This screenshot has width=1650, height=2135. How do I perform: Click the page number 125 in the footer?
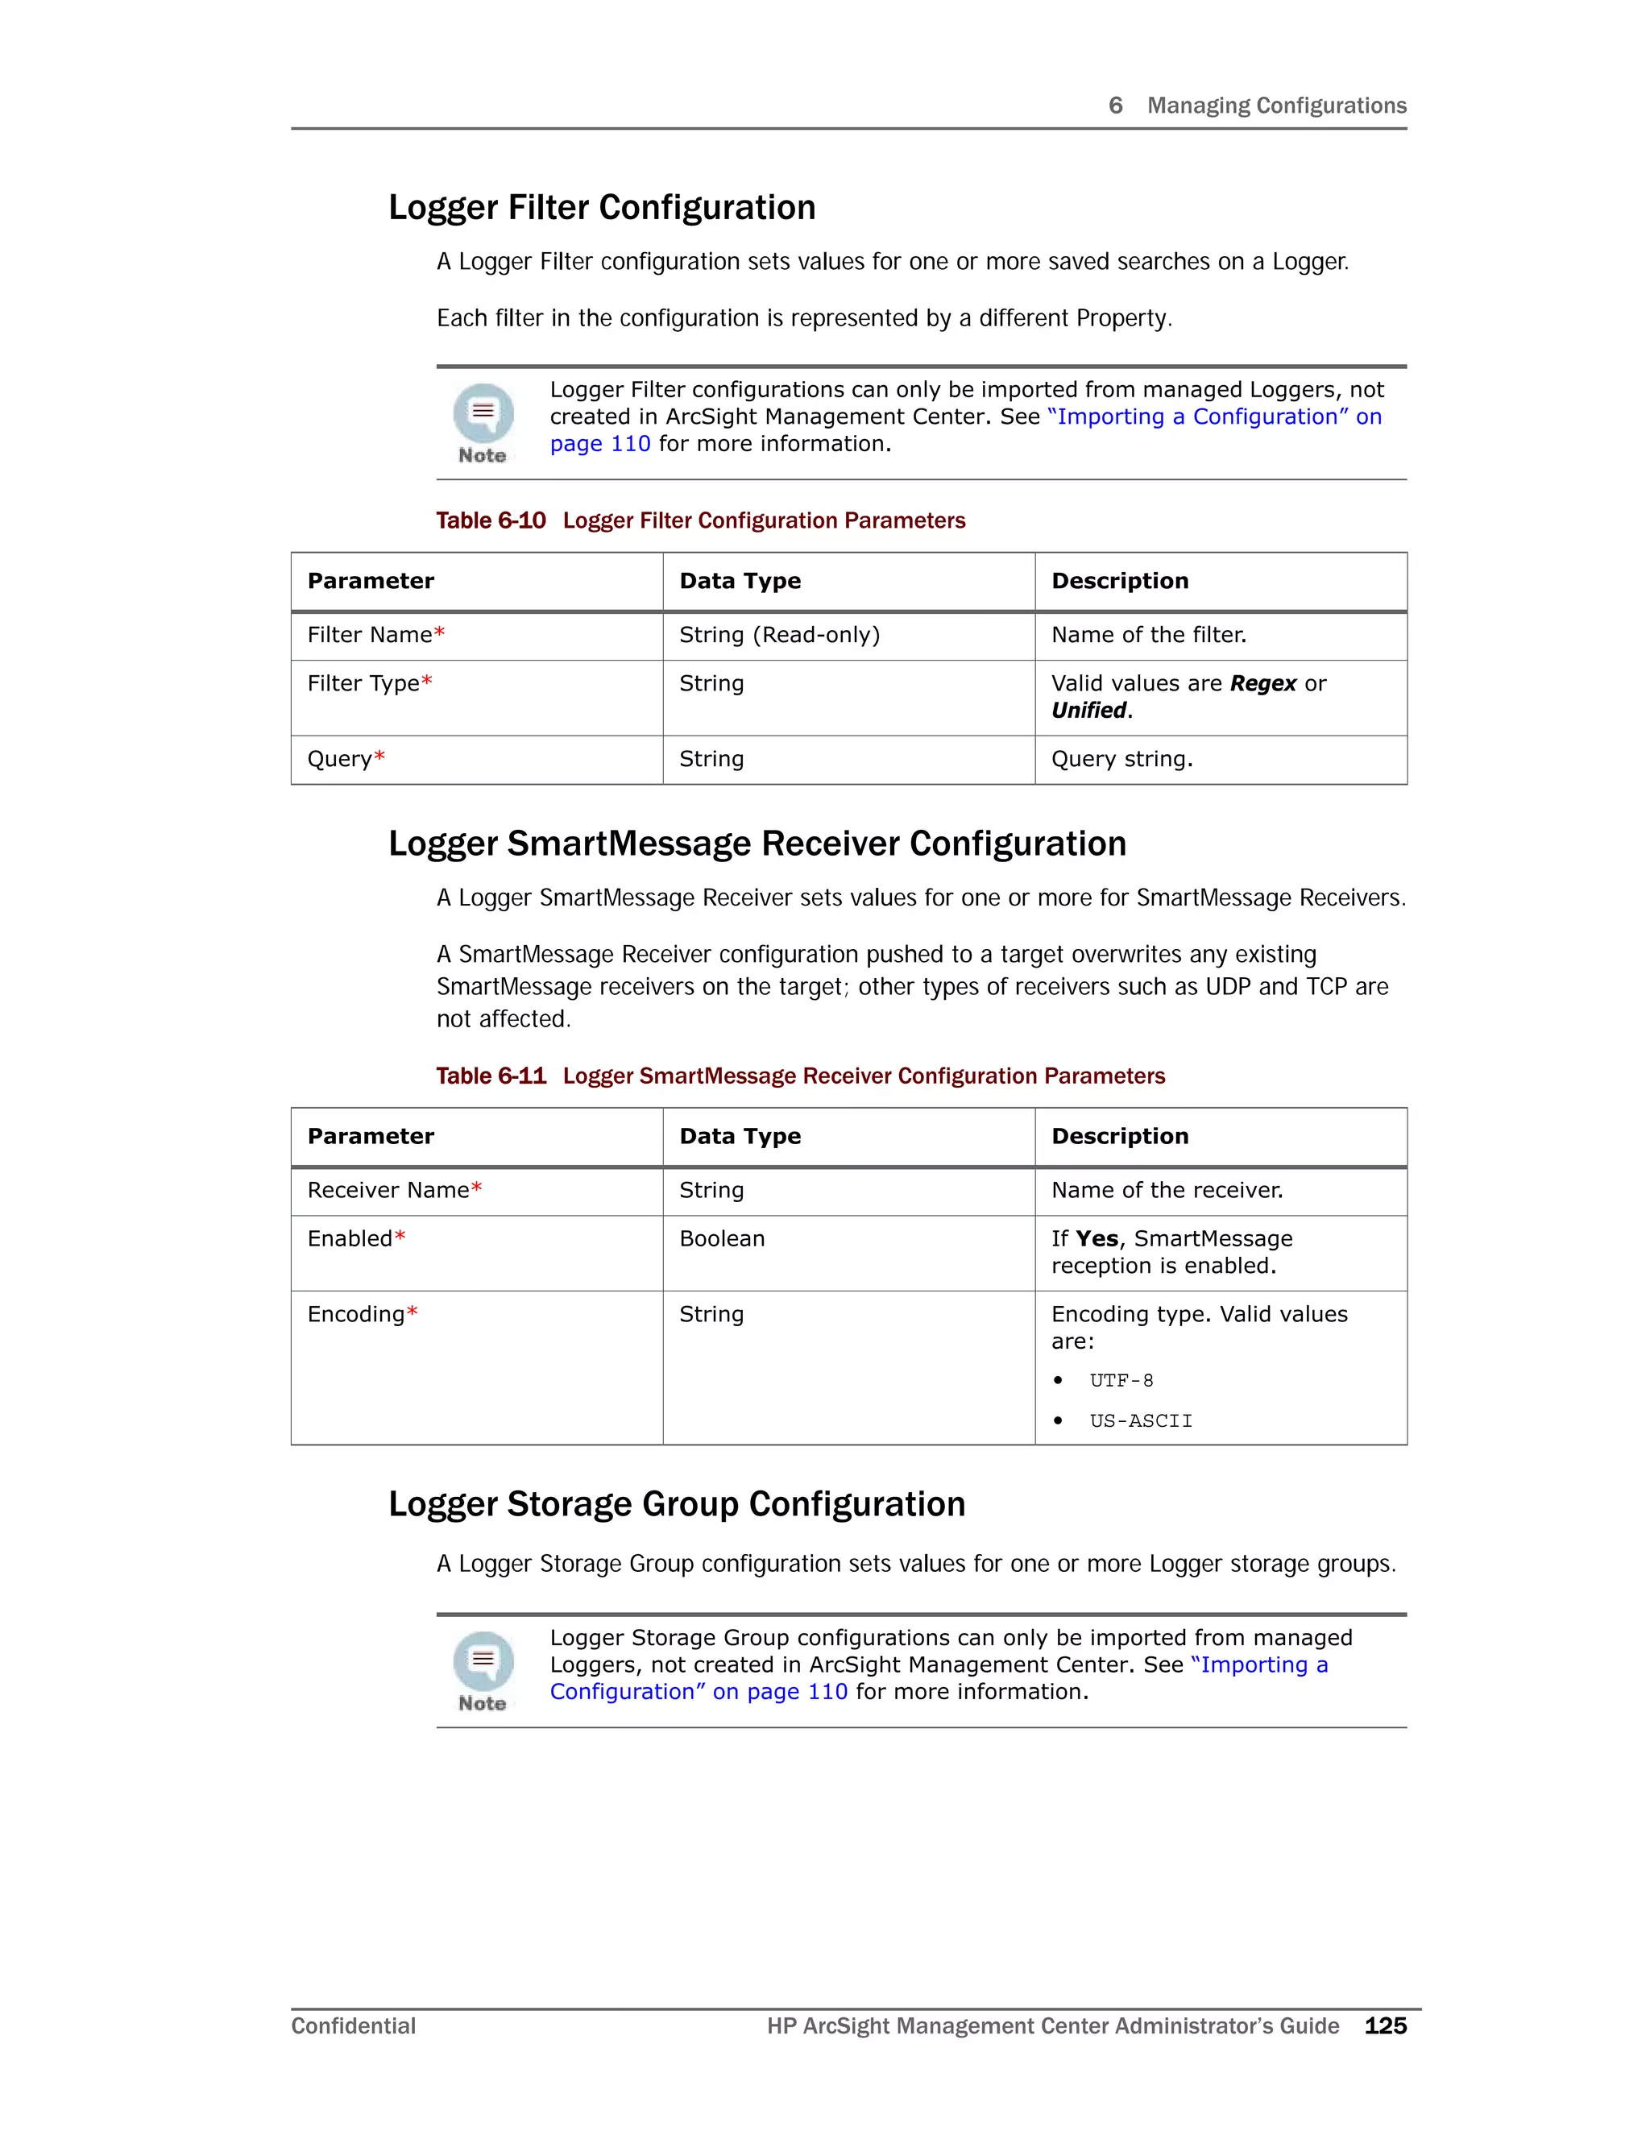coord(1385,2025)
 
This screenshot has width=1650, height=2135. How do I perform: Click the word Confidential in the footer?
coord(353,2025)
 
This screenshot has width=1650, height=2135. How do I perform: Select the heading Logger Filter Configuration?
coord(601,207)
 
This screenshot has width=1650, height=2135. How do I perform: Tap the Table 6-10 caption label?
coord(491,520)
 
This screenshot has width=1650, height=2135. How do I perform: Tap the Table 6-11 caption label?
coord(491,1076)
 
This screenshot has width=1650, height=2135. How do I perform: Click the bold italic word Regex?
coord(1263,683)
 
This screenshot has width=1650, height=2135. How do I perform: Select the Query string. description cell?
coord(1121,759)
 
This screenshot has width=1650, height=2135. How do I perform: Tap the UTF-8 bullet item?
coord(1121,1380)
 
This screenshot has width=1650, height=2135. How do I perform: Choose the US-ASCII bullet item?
coord(1141,1420)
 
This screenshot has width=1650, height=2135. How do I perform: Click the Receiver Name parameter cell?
coord(394,1190)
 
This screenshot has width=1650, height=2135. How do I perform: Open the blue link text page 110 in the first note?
coord(599,444)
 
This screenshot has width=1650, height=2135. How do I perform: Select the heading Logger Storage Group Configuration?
coord(677,1503)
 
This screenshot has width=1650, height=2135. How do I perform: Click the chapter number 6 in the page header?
coord(1115,106)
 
